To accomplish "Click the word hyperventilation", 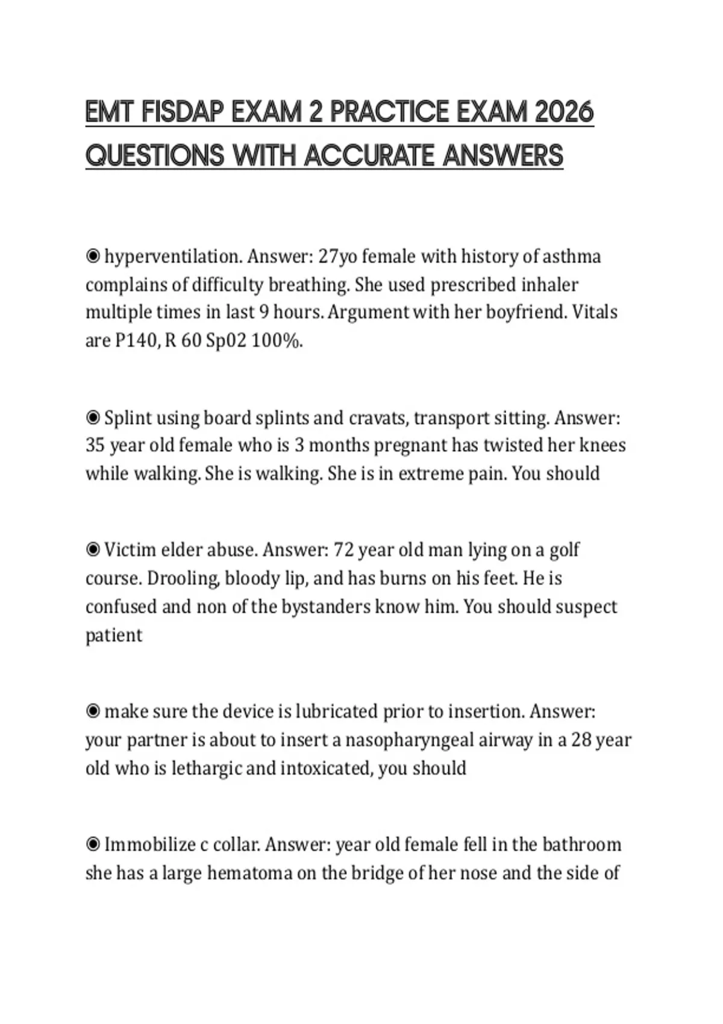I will [174, 257].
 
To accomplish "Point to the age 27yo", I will [337, 257].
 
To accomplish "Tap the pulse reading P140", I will [137, 341].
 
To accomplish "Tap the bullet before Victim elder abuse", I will [93, 550].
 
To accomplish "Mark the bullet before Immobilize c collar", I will [93, 844].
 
